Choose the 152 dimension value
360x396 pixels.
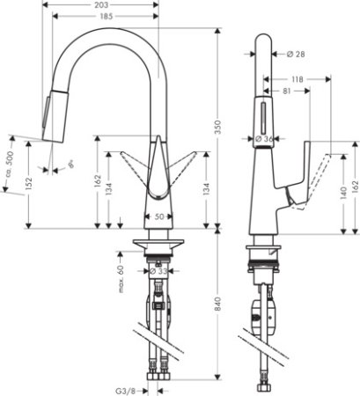[27, 182]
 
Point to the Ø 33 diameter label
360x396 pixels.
[157, 271]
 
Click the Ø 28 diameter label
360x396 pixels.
[297, 55]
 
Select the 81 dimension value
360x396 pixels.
[288, 90]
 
